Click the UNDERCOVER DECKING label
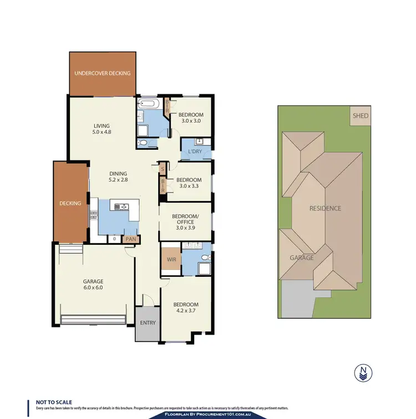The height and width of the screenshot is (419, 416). coord(103,73)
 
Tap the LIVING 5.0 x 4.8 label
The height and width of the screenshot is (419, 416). coord(102,129)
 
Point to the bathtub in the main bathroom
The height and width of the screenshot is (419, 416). coord(149,103)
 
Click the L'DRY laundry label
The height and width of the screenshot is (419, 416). coord(195,152)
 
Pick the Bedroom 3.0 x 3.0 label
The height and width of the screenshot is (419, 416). coord(190,117)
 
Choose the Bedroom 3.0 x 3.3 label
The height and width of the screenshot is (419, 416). coord(189,183)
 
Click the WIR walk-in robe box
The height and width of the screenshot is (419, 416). coord(170,259)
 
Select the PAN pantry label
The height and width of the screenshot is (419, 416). coord(131,239)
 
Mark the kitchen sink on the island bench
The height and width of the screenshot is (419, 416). coord(120,207)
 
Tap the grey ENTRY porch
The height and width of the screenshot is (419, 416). coord(148,323)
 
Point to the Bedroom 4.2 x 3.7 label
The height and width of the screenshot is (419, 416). coord(185,308)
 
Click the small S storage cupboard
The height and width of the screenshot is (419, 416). coord(163,169)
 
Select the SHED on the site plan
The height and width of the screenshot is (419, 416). coord(361,116)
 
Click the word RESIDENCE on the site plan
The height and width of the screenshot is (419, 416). coord(325,208)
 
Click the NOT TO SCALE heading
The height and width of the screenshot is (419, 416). coord(54,402)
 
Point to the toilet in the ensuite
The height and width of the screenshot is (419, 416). coord(206,257)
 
